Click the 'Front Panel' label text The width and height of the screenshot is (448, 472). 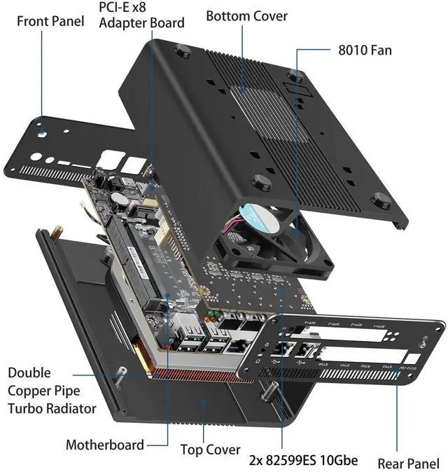pyautogui.click(x=50, y=20)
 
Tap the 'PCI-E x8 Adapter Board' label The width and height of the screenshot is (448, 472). pyautogui.click(x=141, y=15)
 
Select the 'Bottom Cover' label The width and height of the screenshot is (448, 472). pyautogui.click(x=246, y=15)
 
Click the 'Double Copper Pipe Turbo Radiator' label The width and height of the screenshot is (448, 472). pyautogui.click(x=51, y=390)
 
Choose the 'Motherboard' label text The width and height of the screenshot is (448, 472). pyautogui.click(x=104, y=444)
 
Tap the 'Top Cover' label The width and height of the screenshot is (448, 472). pyautogui.click(x=210, y=450)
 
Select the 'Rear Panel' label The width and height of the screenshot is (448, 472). pyautogui.click(x=408, y=463)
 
